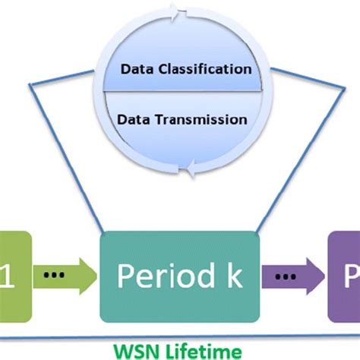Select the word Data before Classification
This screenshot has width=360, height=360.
(x=136, y=69)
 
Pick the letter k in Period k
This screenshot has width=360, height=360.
(x=232, y=276)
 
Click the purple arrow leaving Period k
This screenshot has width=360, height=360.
(x=293, y=276)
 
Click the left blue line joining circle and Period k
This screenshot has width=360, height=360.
(x=68, y=152)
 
